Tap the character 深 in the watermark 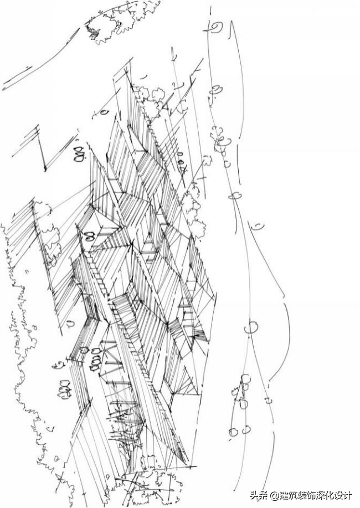coord(322,495)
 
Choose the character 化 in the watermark coord(332,495)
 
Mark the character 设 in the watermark coord(342,495)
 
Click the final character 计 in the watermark coord(352,495)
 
